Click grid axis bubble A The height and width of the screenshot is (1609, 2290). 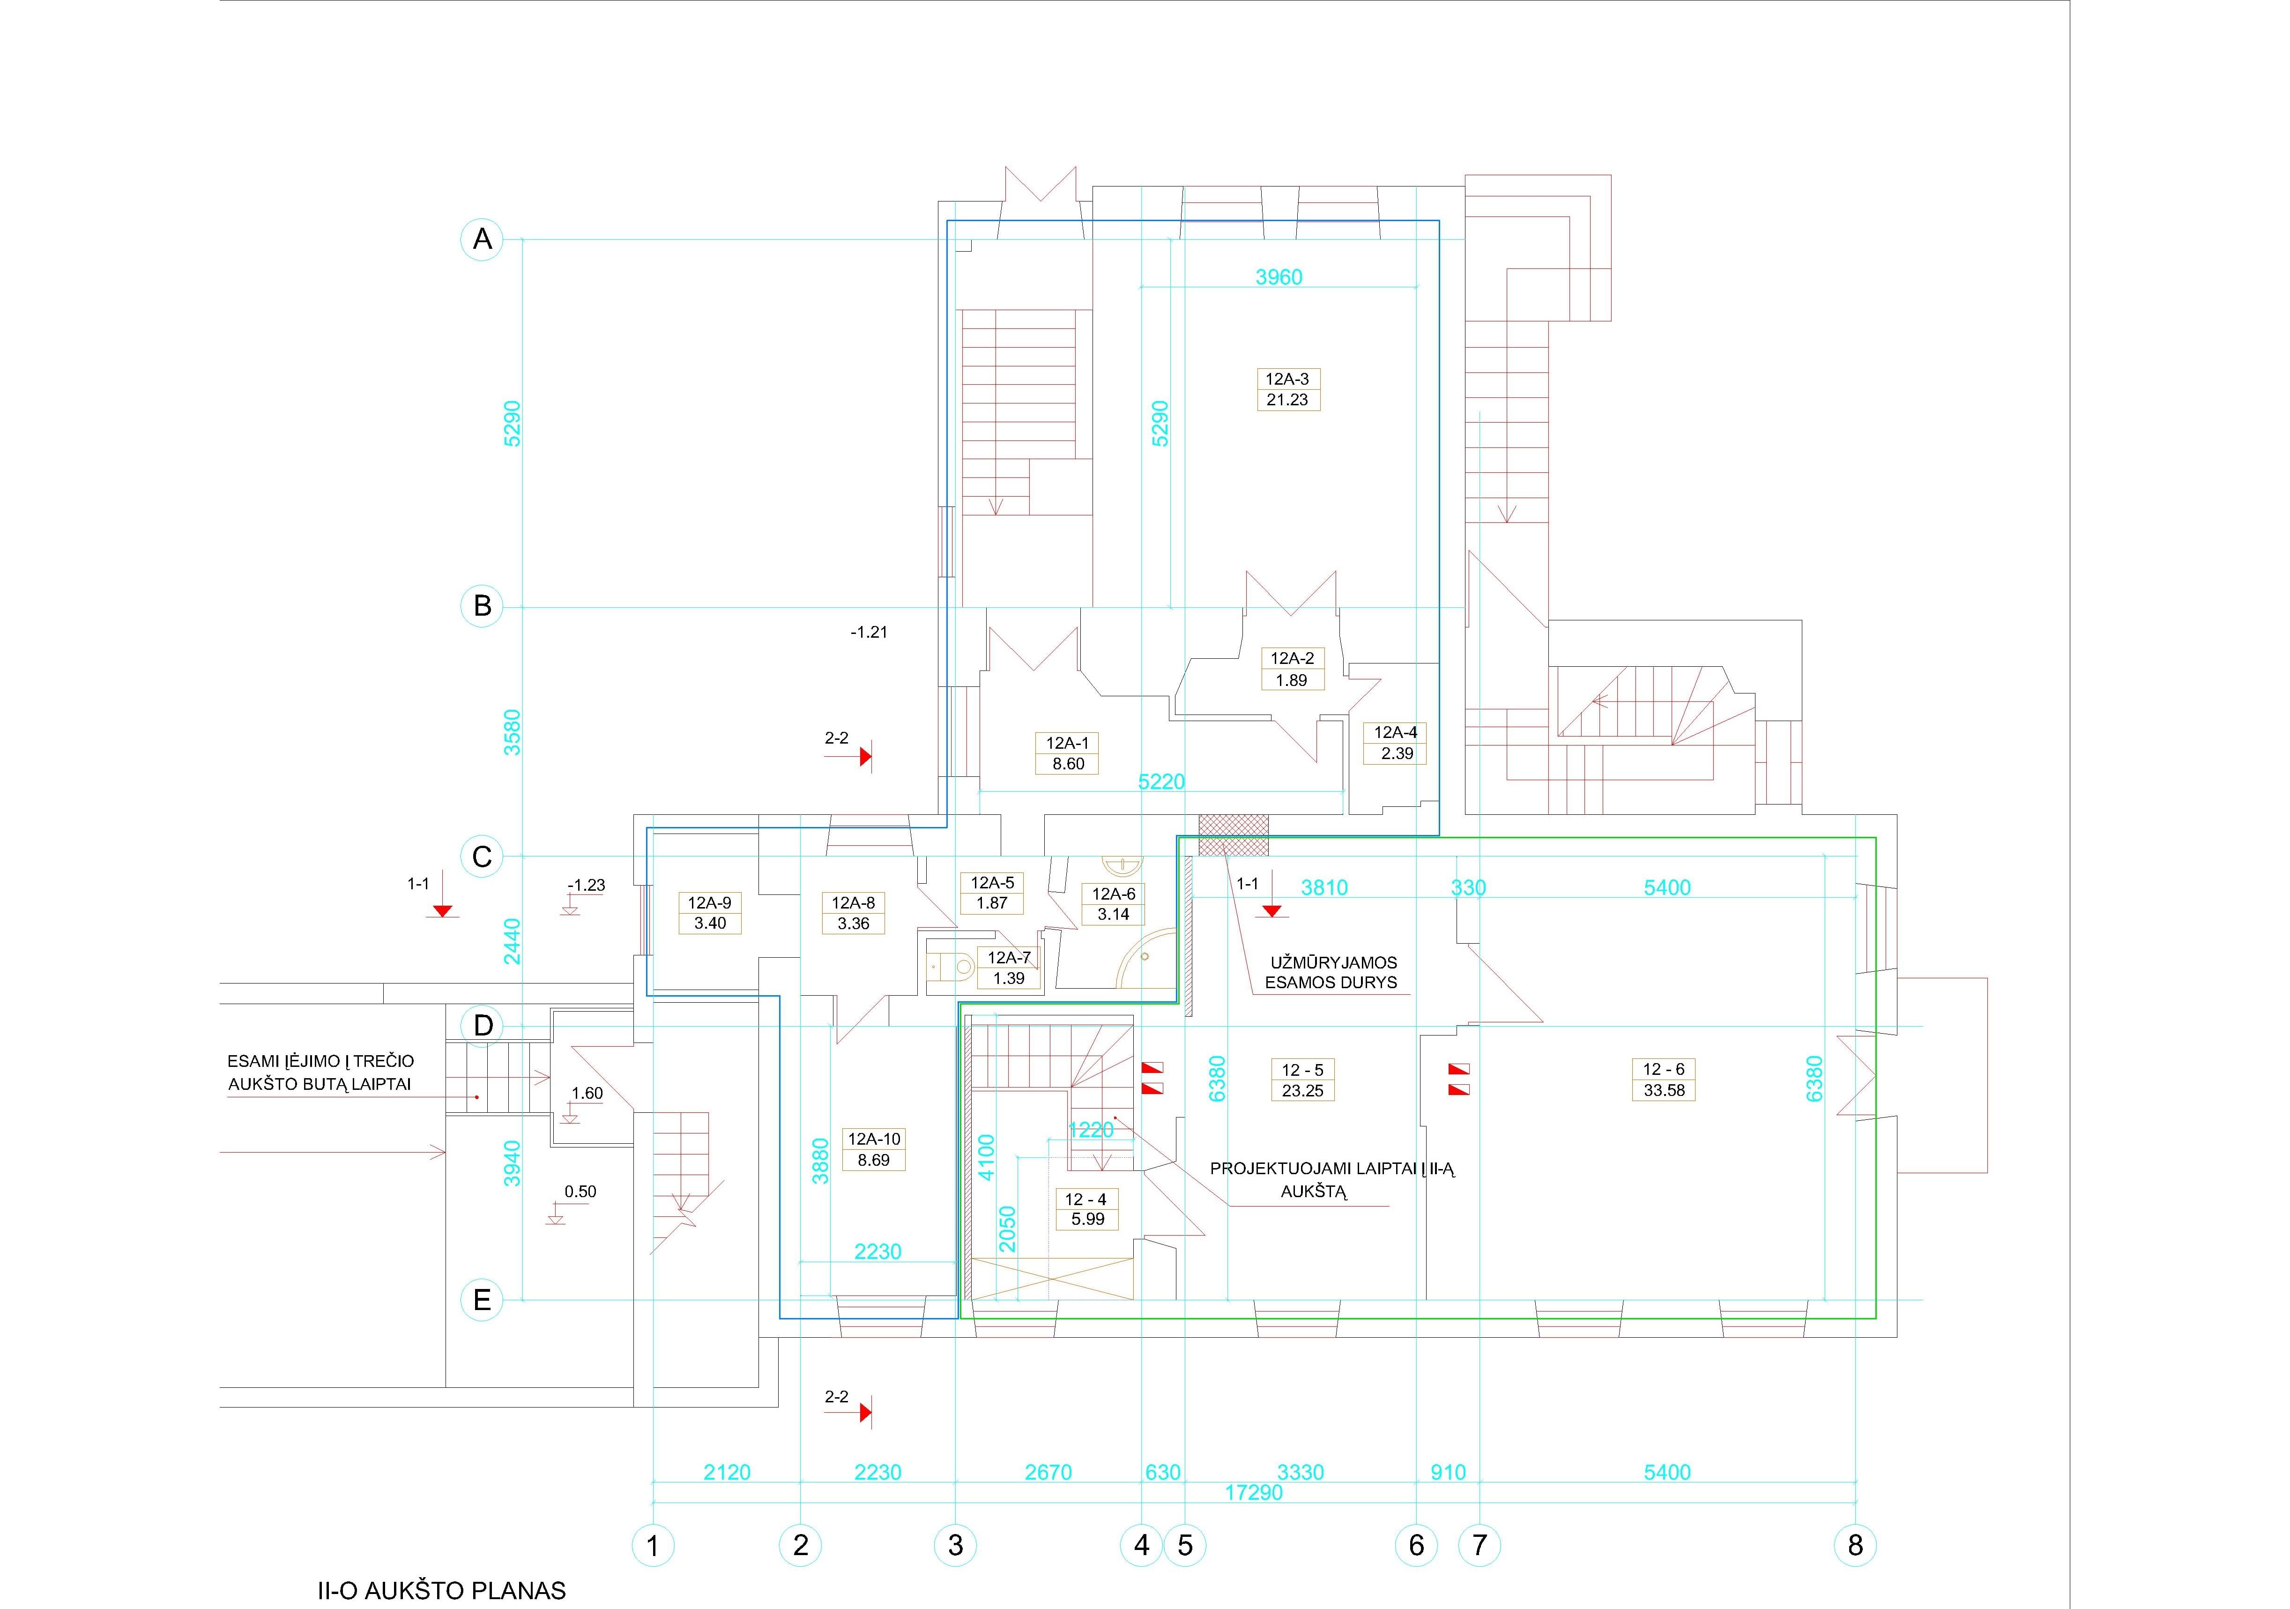coord(482,239)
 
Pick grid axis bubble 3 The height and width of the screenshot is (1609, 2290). coord(956,1545)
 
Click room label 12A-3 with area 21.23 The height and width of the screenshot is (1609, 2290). coord(1287,389)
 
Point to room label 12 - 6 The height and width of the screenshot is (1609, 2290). coord(1664,1080)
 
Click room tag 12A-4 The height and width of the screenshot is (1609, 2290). coord(1395,742)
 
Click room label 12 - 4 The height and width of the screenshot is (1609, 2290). coord(1086,1209)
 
